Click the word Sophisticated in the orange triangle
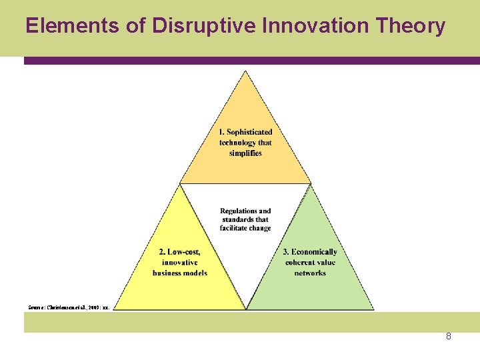click(x=249, y=132)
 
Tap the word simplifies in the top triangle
click(x=245, y=153)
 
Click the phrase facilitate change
click(x=245, y=228)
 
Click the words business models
click(x=180, y=273)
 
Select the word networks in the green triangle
click(x=310, y=273)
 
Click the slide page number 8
click(x=449, y=337)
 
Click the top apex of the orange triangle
click(x=246, y=71)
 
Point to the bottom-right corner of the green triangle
click(x=374, y=309)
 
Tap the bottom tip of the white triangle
click(x=246, y=309)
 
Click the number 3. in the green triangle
click(x=286, y=251)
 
